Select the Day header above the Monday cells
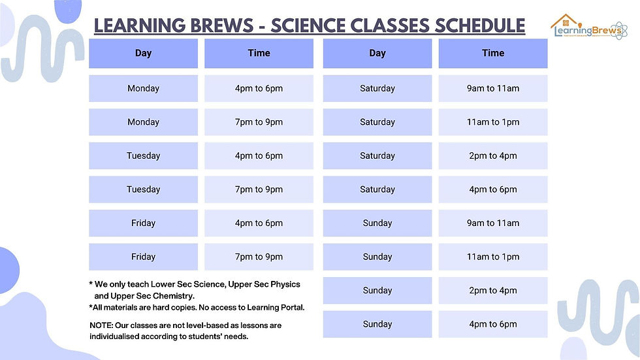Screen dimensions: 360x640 [x=143, y=54]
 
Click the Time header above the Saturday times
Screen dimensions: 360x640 [x=492, y=54]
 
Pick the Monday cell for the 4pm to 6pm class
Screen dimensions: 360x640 [x=143, y=88]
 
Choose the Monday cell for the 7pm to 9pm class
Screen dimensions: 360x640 [x=143, y=122]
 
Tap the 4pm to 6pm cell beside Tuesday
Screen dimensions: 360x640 [x=259, y=156]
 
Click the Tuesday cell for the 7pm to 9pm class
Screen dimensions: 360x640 [x=143, y=189]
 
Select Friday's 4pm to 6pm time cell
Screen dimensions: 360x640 [x=259, y=223]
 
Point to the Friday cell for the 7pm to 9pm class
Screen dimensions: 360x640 [x=143, y=257]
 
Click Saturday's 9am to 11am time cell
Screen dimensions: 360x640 [x=492, y=88]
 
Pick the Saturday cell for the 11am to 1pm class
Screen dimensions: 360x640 [x=377, y=122]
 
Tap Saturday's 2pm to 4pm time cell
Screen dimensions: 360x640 [x=492, y=156]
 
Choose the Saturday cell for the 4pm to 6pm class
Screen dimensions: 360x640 [x=377, y=189]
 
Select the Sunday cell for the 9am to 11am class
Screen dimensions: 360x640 [x=377, y=223]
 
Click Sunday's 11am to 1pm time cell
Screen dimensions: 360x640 [x=492, y=257]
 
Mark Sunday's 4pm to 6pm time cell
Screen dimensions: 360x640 [x=492, y=324]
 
